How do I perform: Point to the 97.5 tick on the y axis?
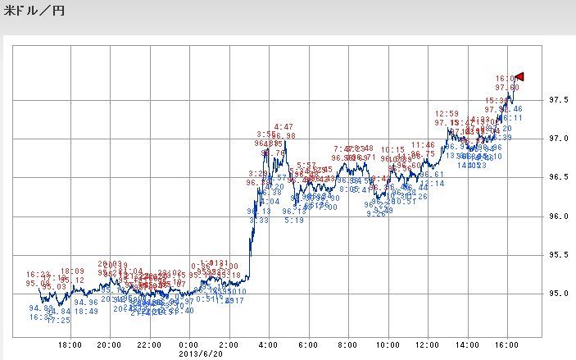559,100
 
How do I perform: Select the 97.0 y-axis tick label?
559,139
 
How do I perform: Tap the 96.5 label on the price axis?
559,177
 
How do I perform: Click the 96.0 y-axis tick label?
559,216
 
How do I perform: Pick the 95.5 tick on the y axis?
559,254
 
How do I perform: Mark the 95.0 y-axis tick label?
559,293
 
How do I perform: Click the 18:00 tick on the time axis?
70,345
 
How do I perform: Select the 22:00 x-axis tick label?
148,345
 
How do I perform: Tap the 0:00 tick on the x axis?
188,345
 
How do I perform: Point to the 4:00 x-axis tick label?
267,345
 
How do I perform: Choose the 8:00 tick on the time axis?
347,345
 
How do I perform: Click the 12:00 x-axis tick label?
425,345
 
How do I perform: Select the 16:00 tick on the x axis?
505,345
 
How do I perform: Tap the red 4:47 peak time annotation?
284,127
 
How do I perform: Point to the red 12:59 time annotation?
447,114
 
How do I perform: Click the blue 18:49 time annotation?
86,312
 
